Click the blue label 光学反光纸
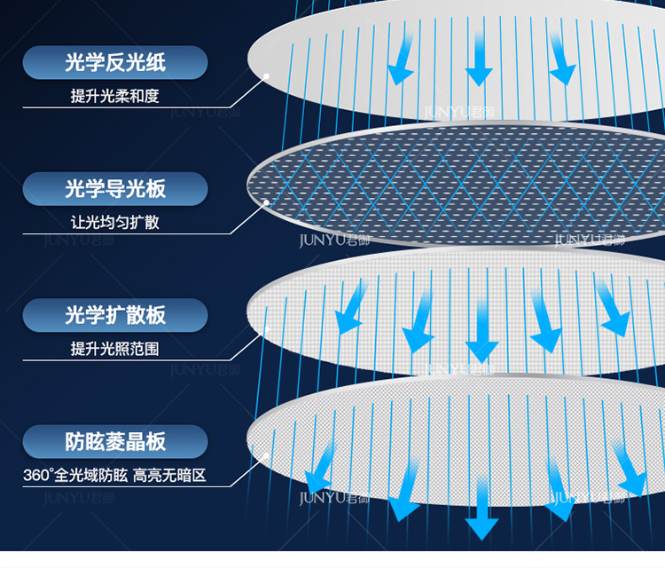(115, 63)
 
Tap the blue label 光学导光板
(115, 189)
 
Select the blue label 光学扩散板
(115, 315)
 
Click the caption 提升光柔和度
(115, 96)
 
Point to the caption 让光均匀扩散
(115, 222)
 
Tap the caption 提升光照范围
(115, 349)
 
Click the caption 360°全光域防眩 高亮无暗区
(114, 476)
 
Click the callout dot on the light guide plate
(265, 202)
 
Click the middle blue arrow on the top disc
(480, 62)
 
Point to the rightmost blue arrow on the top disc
(560, 58)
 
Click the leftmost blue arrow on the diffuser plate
(350, 305)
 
